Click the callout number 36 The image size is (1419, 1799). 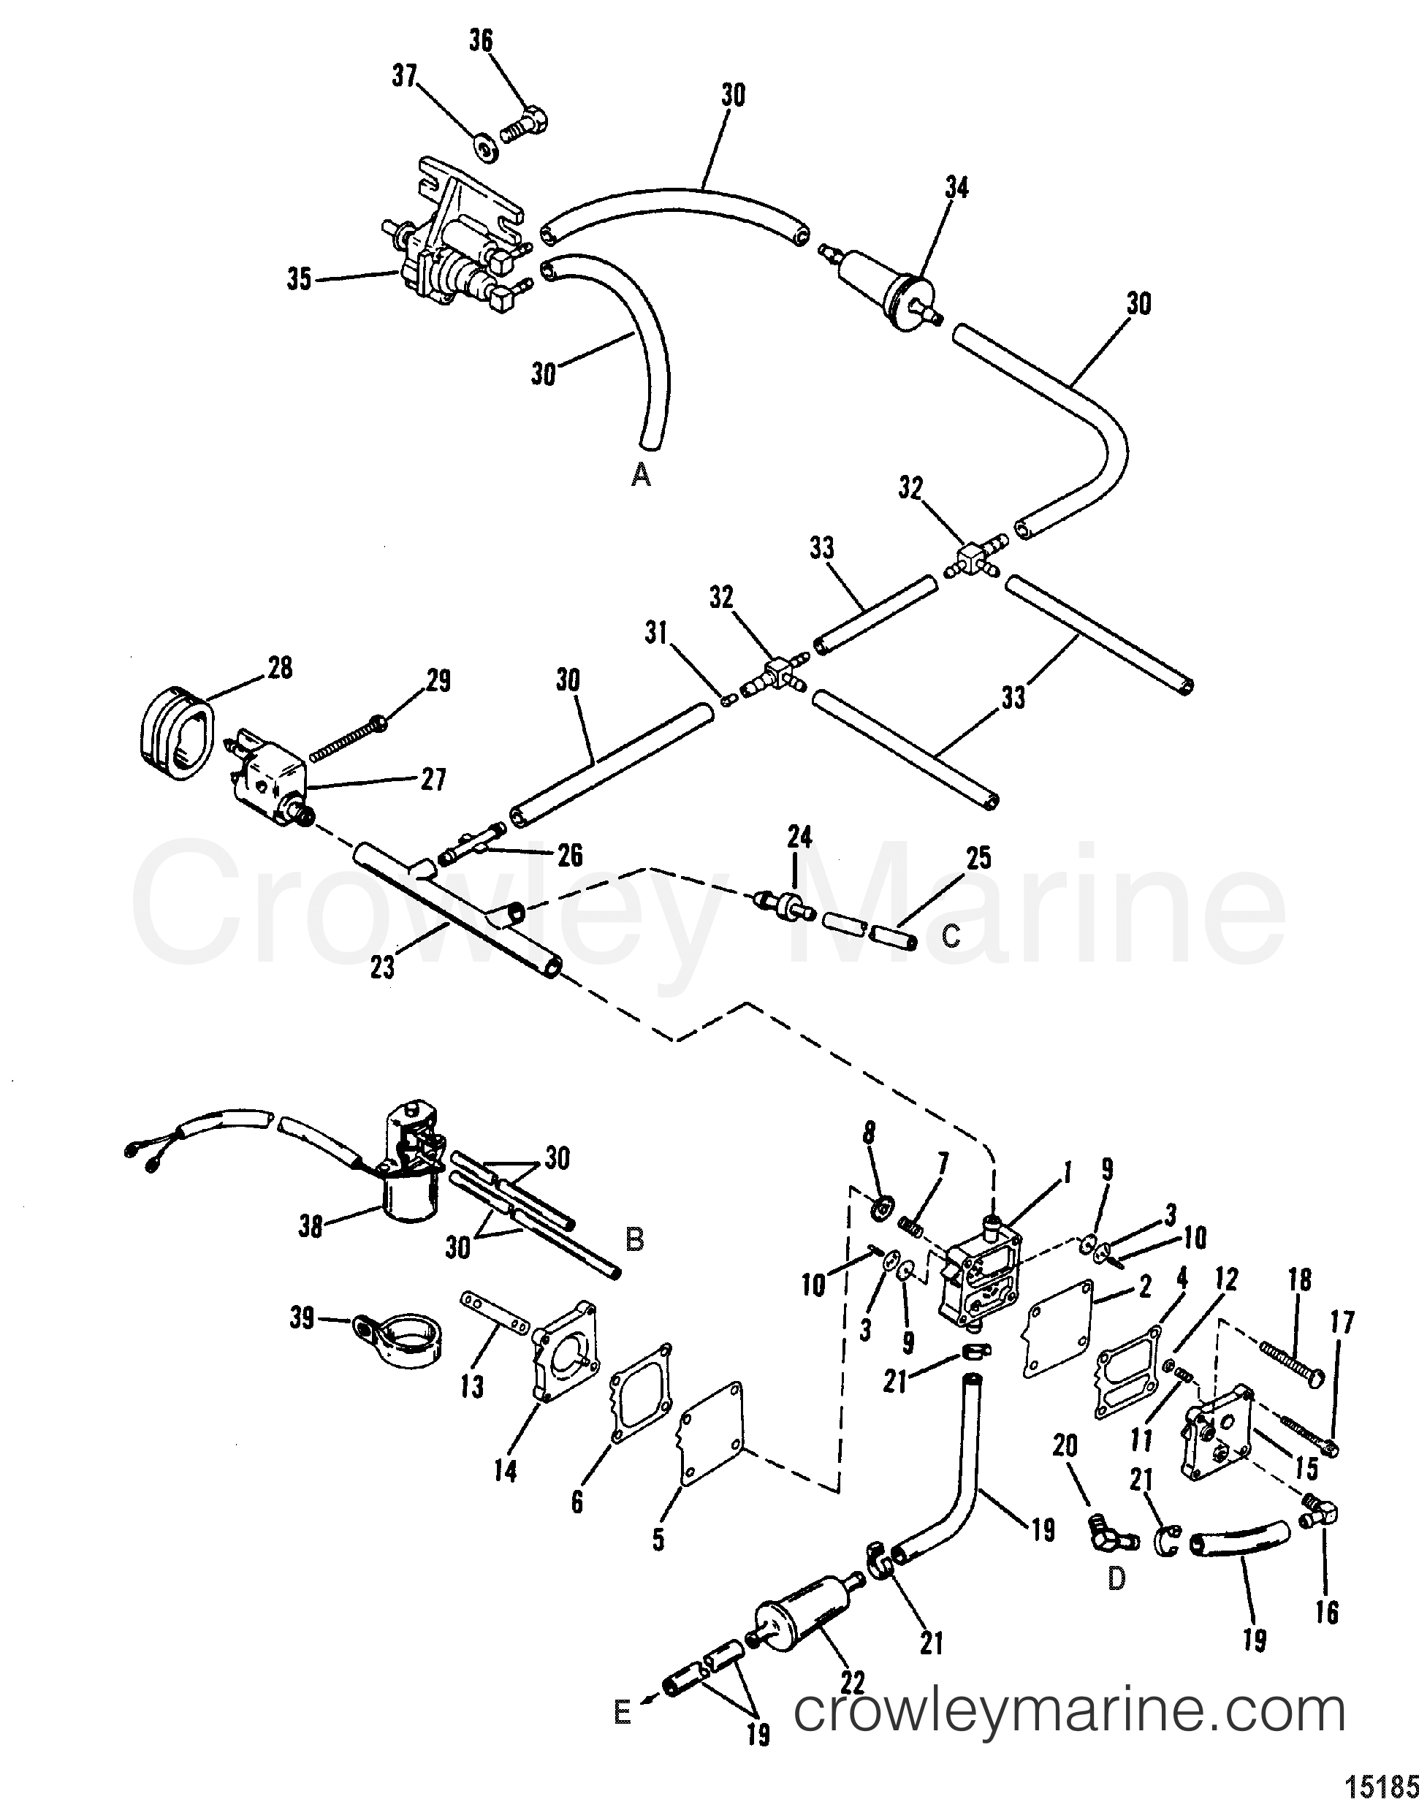(481, 41)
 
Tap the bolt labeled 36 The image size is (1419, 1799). (525, 128)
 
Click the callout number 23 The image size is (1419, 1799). (382, 967)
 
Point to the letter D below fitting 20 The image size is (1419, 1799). (1116, 1579)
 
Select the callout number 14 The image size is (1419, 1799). (505, 1470)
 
